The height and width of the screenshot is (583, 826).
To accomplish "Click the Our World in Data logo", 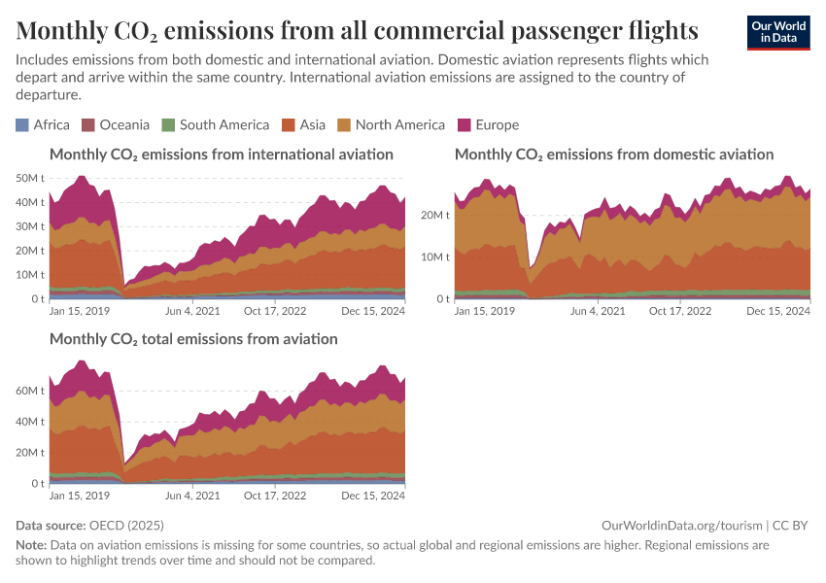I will point(777,32).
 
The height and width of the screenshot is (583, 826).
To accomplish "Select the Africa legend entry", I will point(43,124).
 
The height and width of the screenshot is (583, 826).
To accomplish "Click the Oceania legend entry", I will point(116,124).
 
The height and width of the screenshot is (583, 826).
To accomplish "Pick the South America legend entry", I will point(215,124).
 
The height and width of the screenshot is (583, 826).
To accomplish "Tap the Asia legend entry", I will point(304,124).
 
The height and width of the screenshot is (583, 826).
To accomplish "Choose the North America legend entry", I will point(391,124).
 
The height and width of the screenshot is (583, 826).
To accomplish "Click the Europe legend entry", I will point(488,124).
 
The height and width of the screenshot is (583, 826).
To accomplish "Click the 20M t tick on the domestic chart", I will point(436,215).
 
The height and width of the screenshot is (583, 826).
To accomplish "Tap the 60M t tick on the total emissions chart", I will point(32,391).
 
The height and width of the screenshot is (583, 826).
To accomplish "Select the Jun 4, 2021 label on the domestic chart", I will point(598,311).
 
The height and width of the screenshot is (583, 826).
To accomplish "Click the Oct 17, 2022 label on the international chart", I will point(274,311).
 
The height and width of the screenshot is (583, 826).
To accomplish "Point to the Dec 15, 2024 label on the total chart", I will point(374,496).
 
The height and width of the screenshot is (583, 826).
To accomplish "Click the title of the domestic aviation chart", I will point(614,154).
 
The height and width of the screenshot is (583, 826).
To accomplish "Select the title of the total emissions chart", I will point(193,339).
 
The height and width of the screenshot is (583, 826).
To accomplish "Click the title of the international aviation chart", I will point(222,154).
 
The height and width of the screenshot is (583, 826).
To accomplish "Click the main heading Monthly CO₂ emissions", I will point(358,30).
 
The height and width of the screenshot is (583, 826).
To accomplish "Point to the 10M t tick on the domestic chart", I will point(436,257).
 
